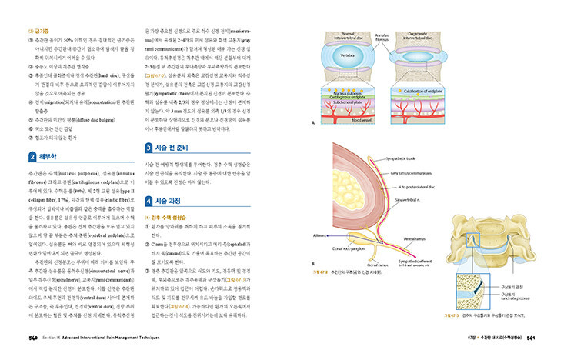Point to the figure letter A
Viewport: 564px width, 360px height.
pos(311,124)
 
